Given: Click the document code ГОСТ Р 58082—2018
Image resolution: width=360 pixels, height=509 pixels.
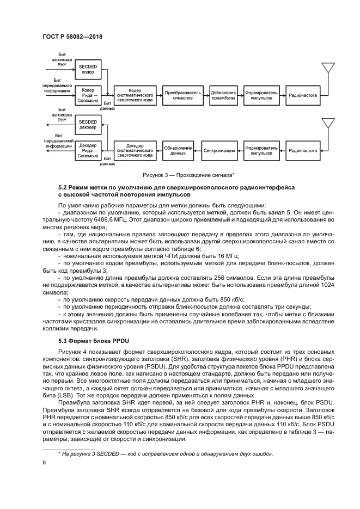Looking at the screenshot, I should (72, 36).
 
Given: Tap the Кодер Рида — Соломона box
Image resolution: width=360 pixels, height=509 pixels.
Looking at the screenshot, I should (88, 95).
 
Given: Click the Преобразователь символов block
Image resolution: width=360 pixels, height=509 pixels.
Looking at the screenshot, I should (182, 95).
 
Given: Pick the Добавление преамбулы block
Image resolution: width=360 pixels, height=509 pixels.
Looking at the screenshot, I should (223, 95).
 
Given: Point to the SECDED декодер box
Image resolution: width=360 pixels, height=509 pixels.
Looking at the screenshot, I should (88, 125).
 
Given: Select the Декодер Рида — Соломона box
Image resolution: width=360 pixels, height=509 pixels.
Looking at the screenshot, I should (88, 151).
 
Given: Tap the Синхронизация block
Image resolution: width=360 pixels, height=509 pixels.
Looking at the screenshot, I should (219, 151).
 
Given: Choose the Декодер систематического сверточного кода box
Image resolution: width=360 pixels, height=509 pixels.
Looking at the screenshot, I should (135, 151).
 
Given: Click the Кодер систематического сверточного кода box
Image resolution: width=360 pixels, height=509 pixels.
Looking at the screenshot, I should (135, 95).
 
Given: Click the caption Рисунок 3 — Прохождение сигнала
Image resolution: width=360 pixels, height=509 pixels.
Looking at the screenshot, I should (188, 175).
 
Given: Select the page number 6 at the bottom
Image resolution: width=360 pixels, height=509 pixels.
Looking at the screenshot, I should (44, 463).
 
